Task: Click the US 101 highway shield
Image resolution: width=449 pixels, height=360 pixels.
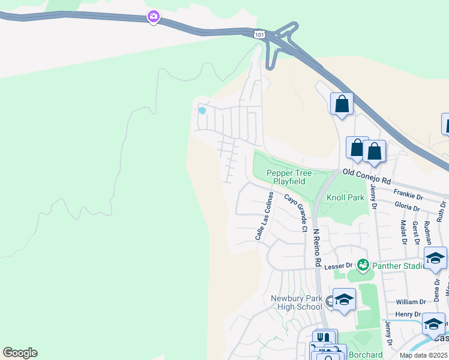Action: (259, 35)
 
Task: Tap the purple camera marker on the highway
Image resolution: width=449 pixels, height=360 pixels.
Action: (154, 17)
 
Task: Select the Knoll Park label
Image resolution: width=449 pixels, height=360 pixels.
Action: (345, 197)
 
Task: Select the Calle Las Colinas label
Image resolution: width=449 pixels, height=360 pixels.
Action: (265, 216)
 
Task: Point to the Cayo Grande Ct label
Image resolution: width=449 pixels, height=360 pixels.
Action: (296, 212)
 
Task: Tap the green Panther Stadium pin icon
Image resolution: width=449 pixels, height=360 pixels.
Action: (363, 264)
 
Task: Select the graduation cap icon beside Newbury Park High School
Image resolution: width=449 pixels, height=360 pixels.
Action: (344, 300)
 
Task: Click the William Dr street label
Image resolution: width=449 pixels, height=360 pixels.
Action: (411, 302)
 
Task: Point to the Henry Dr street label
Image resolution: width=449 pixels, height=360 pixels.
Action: (409, 314)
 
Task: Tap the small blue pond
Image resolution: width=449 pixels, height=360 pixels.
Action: (202, 110)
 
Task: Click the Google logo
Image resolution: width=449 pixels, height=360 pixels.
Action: (20, 353)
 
